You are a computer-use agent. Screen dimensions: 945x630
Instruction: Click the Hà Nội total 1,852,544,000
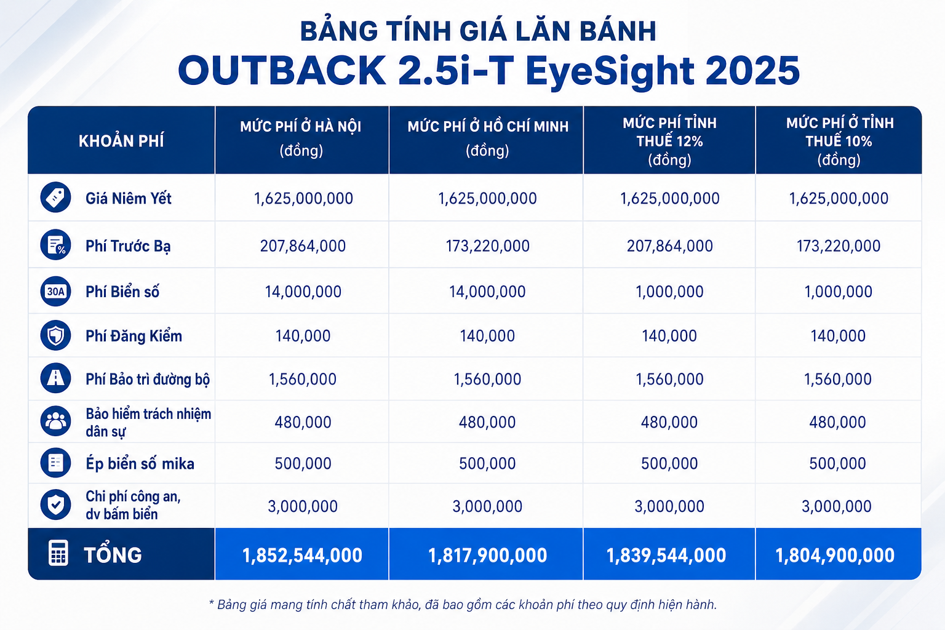click(x=302, y=555)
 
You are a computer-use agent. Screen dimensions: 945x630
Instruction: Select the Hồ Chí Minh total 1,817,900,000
click(x=487, y=555)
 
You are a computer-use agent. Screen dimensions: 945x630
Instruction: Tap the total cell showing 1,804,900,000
click(x=835, y=555)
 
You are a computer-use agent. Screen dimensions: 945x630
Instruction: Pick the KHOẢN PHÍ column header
click(x=121, y=141)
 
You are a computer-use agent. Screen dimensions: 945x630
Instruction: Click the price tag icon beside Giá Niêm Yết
click(x=56, y=197)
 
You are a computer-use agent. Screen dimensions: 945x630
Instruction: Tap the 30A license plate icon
click(x=56, y=291)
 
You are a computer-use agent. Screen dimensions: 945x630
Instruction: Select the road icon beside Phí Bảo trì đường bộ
click(x=56, y=378)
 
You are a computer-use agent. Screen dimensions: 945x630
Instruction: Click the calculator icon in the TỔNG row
click(x=58, y=552)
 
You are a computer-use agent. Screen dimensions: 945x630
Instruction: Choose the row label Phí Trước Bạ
click(x=128, y=246)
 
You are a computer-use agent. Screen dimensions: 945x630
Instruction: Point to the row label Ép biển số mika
click(x=140, y=463)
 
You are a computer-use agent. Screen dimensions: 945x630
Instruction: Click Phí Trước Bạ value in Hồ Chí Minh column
click(x=488, y=246)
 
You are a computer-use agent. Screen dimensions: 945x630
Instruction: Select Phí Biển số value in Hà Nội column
click(x=303, y=292)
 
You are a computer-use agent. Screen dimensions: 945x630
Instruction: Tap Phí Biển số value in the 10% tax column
click(x=839, y=292)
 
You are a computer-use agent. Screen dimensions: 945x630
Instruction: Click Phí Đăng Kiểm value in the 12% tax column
click(x=669, y=336)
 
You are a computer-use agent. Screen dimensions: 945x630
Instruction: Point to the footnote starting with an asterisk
click(x=463, y=605)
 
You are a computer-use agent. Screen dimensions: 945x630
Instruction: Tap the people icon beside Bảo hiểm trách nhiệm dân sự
click(x=56, y=421)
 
